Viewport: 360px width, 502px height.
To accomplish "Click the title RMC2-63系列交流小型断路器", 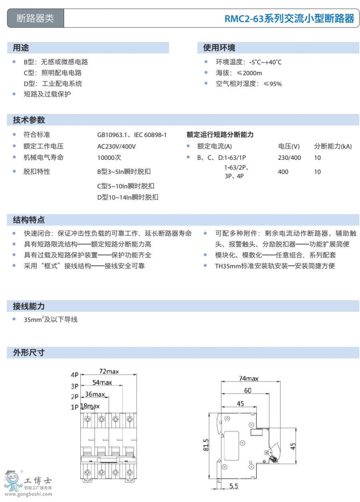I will (289, 19).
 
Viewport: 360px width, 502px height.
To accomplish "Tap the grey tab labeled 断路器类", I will (36, 18).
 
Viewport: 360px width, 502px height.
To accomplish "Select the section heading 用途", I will (21, 48).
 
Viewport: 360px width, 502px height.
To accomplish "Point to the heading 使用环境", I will (219, 48).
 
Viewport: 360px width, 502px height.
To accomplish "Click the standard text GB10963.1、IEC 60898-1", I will (132, 135).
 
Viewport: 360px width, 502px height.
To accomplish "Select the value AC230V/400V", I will (116, 147).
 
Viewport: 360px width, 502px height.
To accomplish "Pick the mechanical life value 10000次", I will (109, 157).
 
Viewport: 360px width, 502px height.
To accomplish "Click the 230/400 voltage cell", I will (289, 158).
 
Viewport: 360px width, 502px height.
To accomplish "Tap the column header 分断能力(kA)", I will (333, 146).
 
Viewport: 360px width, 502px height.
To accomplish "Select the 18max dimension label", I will (90, 406).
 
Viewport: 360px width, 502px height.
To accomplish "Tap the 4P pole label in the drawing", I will (74, 375).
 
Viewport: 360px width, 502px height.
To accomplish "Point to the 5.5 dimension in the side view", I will (234, 486).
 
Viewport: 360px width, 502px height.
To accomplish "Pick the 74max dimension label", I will (248, 378).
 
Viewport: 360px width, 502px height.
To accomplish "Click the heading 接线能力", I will (29, 307).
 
